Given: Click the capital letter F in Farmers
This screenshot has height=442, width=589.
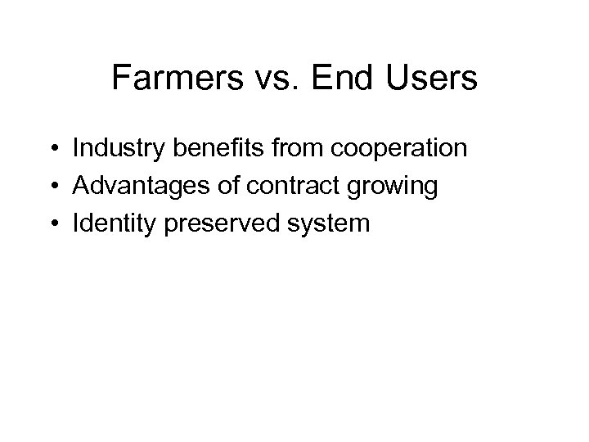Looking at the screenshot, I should coord(120,79).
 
